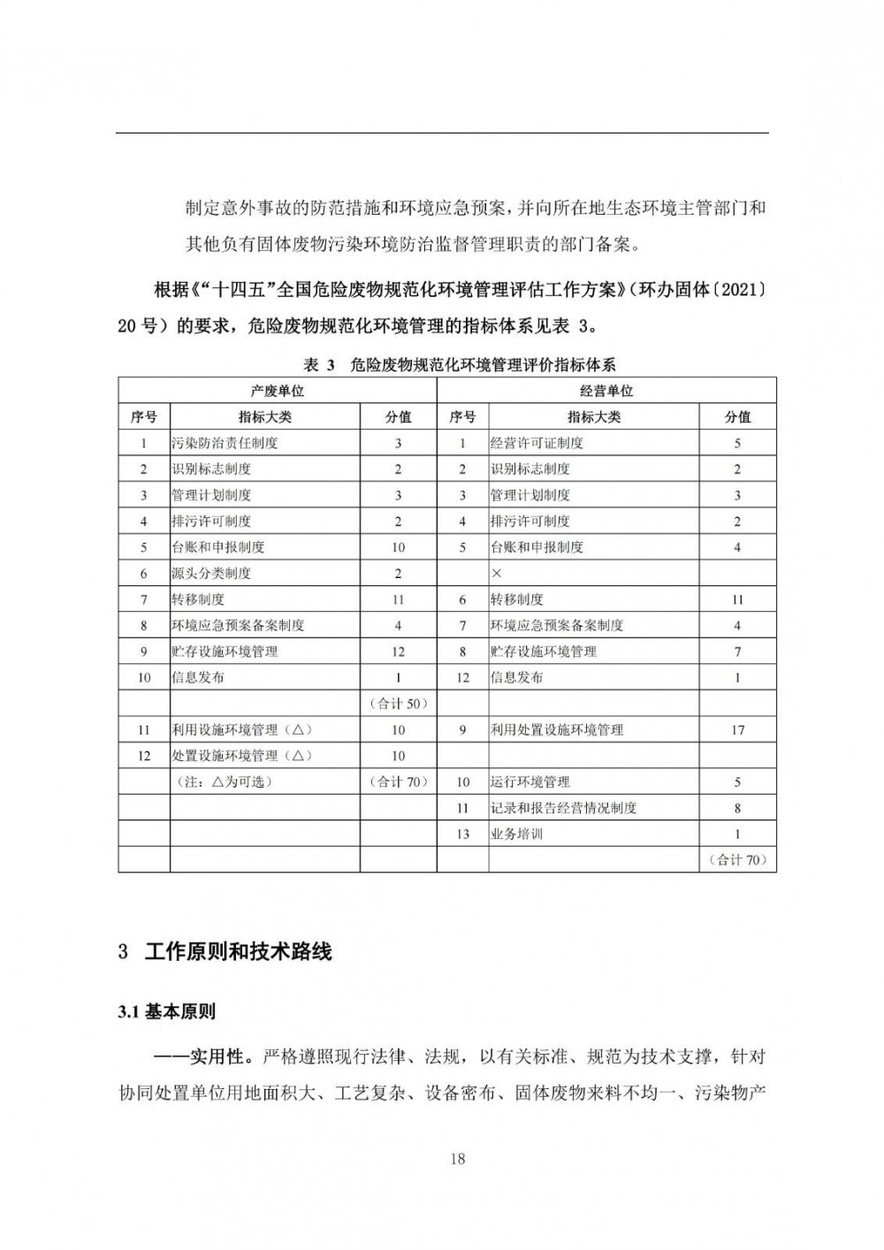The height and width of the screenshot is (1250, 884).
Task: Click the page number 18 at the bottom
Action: point(457,1158)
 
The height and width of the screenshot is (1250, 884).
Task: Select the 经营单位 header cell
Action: point(606,391)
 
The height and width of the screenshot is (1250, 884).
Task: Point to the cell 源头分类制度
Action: point(211,573)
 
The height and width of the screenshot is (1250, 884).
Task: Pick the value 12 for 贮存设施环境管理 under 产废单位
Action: point(398,652)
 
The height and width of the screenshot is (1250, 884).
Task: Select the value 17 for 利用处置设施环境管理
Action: point(737,729)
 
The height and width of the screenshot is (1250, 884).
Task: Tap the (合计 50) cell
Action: point(398,704)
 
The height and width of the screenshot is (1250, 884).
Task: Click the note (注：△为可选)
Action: point(225,781)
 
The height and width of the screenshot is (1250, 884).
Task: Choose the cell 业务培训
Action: point(516,834)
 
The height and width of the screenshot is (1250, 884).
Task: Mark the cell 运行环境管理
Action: point(530,781)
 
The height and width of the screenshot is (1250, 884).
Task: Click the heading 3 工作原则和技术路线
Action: point(225,952)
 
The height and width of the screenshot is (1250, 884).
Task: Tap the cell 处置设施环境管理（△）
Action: point(241,756)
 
